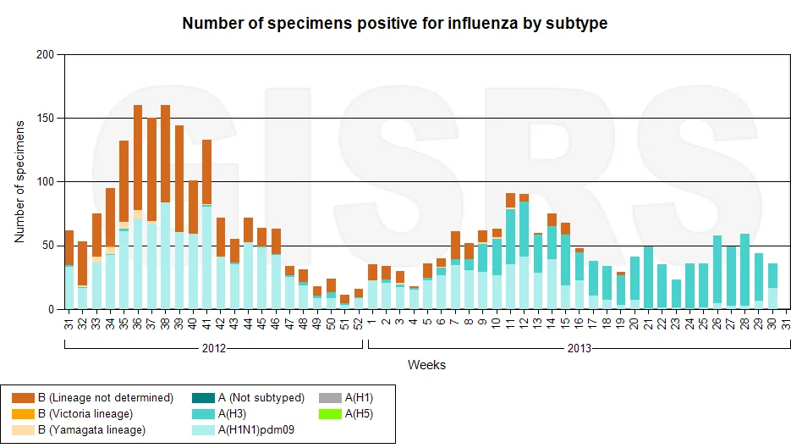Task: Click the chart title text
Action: (394, 23)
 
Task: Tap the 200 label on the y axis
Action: (45, 54)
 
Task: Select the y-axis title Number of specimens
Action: (19, 182)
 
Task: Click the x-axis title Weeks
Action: (426, 365)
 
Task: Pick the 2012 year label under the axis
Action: (214, 348)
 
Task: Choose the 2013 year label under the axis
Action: (580, 348)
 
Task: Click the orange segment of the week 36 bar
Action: (138, 158)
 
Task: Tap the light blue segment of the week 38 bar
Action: (166, 256)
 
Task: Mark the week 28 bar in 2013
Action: (745, 271)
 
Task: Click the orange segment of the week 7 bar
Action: (455, 246)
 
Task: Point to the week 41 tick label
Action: (206, 324)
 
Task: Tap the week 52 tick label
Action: (359, 324)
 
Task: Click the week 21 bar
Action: (648, 277)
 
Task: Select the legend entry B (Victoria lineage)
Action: (73, 414)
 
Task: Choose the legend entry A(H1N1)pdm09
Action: (243, 430)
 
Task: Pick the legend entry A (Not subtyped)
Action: (248, 398)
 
